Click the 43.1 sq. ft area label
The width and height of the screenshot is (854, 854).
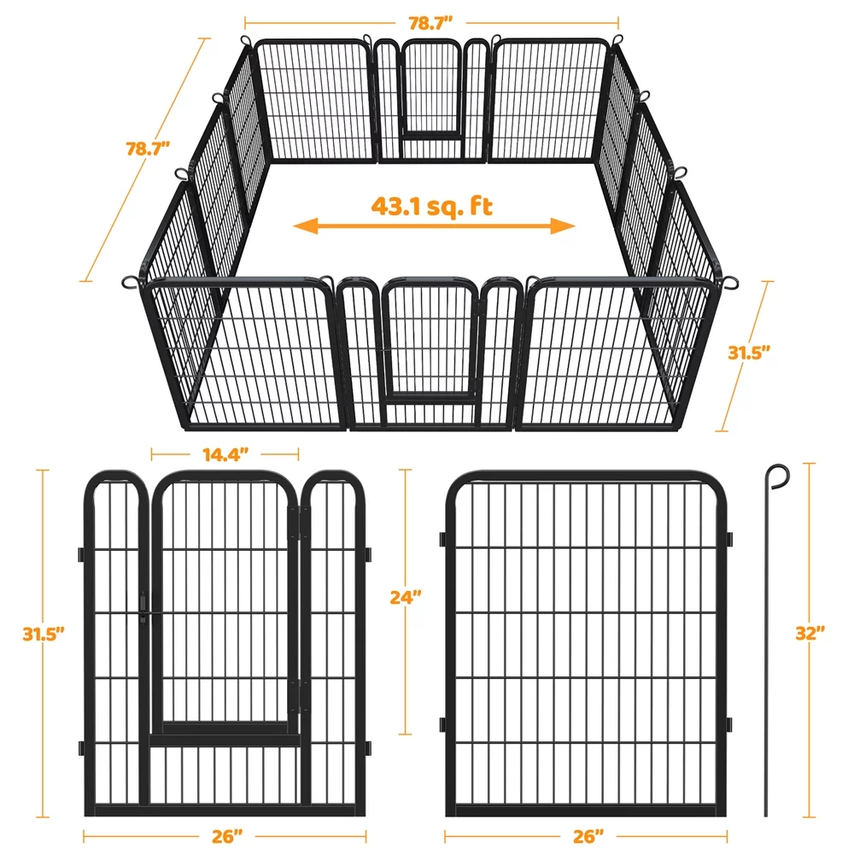tap(432, 206)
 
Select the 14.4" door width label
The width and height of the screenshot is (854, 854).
tap(225, 453)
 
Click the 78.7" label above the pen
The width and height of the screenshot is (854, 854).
tap(431, 23)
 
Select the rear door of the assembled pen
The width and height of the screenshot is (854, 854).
tap(431, 90)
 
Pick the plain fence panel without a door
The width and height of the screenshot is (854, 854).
tap(586, 645)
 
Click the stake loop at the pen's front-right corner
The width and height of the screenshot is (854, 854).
tap(731, 282)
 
